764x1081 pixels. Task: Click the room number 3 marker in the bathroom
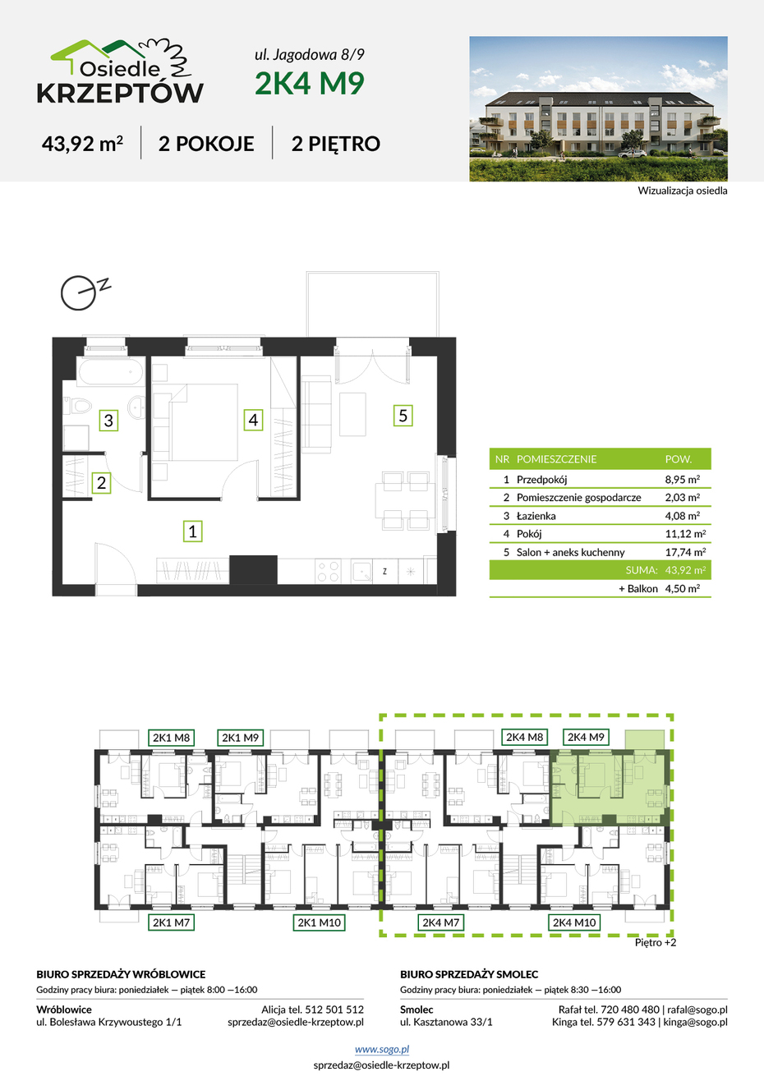pyautogui.click(x=108, y=421)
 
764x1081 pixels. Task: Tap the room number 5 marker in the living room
pyautogui.click(x=403, y=416)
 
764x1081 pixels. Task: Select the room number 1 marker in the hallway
pyautogui.click(x=192, y=531)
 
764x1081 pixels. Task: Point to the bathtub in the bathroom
pyautogui.click(x=111, y=371)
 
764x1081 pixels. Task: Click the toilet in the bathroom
pyautogui.click(x=77, y=406)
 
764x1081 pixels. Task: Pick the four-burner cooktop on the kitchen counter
pyautogui.click(x=328, y=572)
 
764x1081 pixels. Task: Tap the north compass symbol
pyautogui.click(x=85, y=292)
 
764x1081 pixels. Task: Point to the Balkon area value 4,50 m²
pyautogui.click(x=683, y=588)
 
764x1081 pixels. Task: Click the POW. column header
pyautogui.click(x=679, y=459)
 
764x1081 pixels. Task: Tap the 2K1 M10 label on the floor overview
pyautogui.click(x=319, y=922)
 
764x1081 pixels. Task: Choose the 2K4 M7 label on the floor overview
pyautogui.click(x=440, y=922)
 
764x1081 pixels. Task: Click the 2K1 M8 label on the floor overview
pyautogui.click(x=172, y=738)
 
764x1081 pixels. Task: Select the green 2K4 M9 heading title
pyautogui.click(x=310, y=83)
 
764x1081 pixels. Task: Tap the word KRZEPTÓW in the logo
pyautogui.click(x=120, y=93)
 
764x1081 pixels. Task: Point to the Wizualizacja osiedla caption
pyautogui.click(x=683, y=191)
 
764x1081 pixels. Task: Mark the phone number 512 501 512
pyautogui.click(x=334, y=1010)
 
